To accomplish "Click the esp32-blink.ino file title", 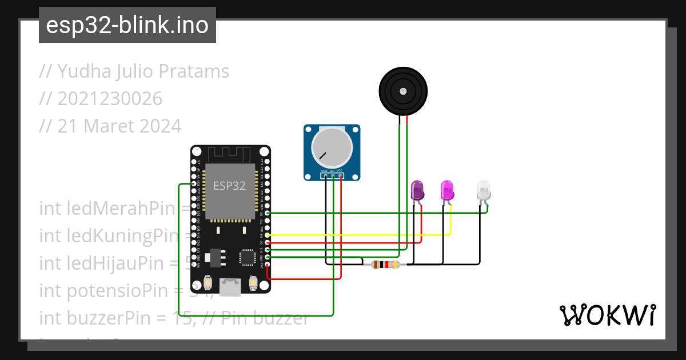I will coord(127,25).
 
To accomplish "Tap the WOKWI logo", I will coord(607,315).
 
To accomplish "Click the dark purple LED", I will coord(418,190).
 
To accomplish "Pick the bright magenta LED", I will coord(447,190).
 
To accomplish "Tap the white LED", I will coord(484,190).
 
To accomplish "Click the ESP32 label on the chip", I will coord(229,186).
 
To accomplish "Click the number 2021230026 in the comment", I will coord(110,99).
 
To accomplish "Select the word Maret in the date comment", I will coord(109,126).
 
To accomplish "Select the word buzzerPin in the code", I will coord(103,317).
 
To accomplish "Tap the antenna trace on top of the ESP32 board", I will coord(229,154).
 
